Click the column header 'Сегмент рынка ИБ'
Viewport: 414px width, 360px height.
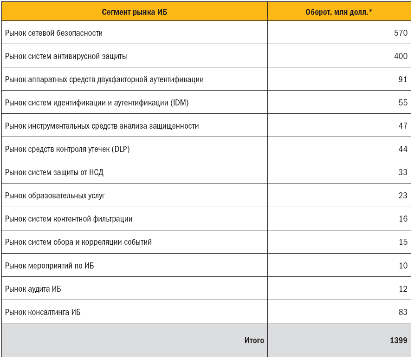pyautogui.click(x=134, y=12)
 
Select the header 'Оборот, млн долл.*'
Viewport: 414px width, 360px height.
pyautogui.click(x=339, y=12)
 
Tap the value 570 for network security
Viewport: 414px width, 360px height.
pyautogui.click(x=400, y=33)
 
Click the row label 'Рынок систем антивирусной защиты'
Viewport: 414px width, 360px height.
pyautogui.click(x=66, y=56)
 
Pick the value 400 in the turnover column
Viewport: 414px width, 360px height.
pyautogui.click(x=400, y=56)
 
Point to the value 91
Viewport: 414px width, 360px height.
pyautogui.click(x=402, y=79)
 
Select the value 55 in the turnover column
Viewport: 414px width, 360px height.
pyautogui.click(x=402, y=103)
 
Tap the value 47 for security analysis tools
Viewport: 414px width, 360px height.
pyautogui.click(x=402, y=126)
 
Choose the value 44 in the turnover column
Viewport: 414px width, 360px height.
pyautogui.click(x=402, y=149)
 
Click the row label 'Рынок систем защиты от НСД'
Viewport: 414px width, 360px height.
pyautogui.click(x=54, y=172)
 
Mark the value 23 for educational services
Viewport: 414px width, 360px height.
pyautogui.click(x=402, y=196)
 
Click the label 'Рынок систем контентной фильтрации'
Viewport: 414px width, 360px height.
pyautogui.click(x=69, y=219)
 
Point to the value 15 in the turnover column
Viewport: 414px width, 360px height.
pyautogui.click(x=402, y=242)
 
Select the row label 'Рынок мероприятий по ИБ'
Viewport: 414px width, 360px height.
pyautogui.click(x=50, y=265)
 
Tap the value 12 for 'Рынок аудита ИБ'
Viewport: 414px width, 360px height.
pyautogui.click(x=402, y=289)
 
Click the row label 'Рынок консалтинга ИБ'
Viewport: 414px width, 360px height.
pyautogui.click(x=43, y=312)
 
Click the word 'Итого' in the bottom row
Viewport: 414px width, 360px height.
pyautogui.click(x=254, y=340)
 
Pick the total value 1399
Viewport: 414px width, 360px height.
pyautogui.click(x=398, y=340)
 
